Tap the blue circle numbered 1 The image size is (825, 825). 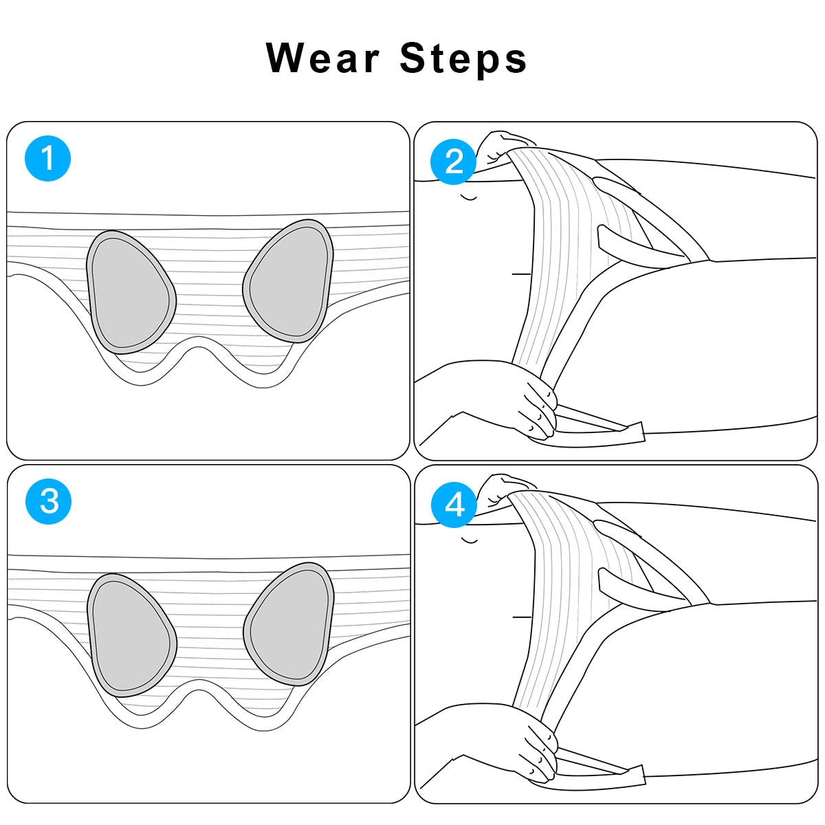coord(47,158)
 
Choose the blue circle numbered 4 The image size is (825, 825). coord(454,505)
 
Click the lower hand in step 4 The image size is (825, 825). coord(538,752)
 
